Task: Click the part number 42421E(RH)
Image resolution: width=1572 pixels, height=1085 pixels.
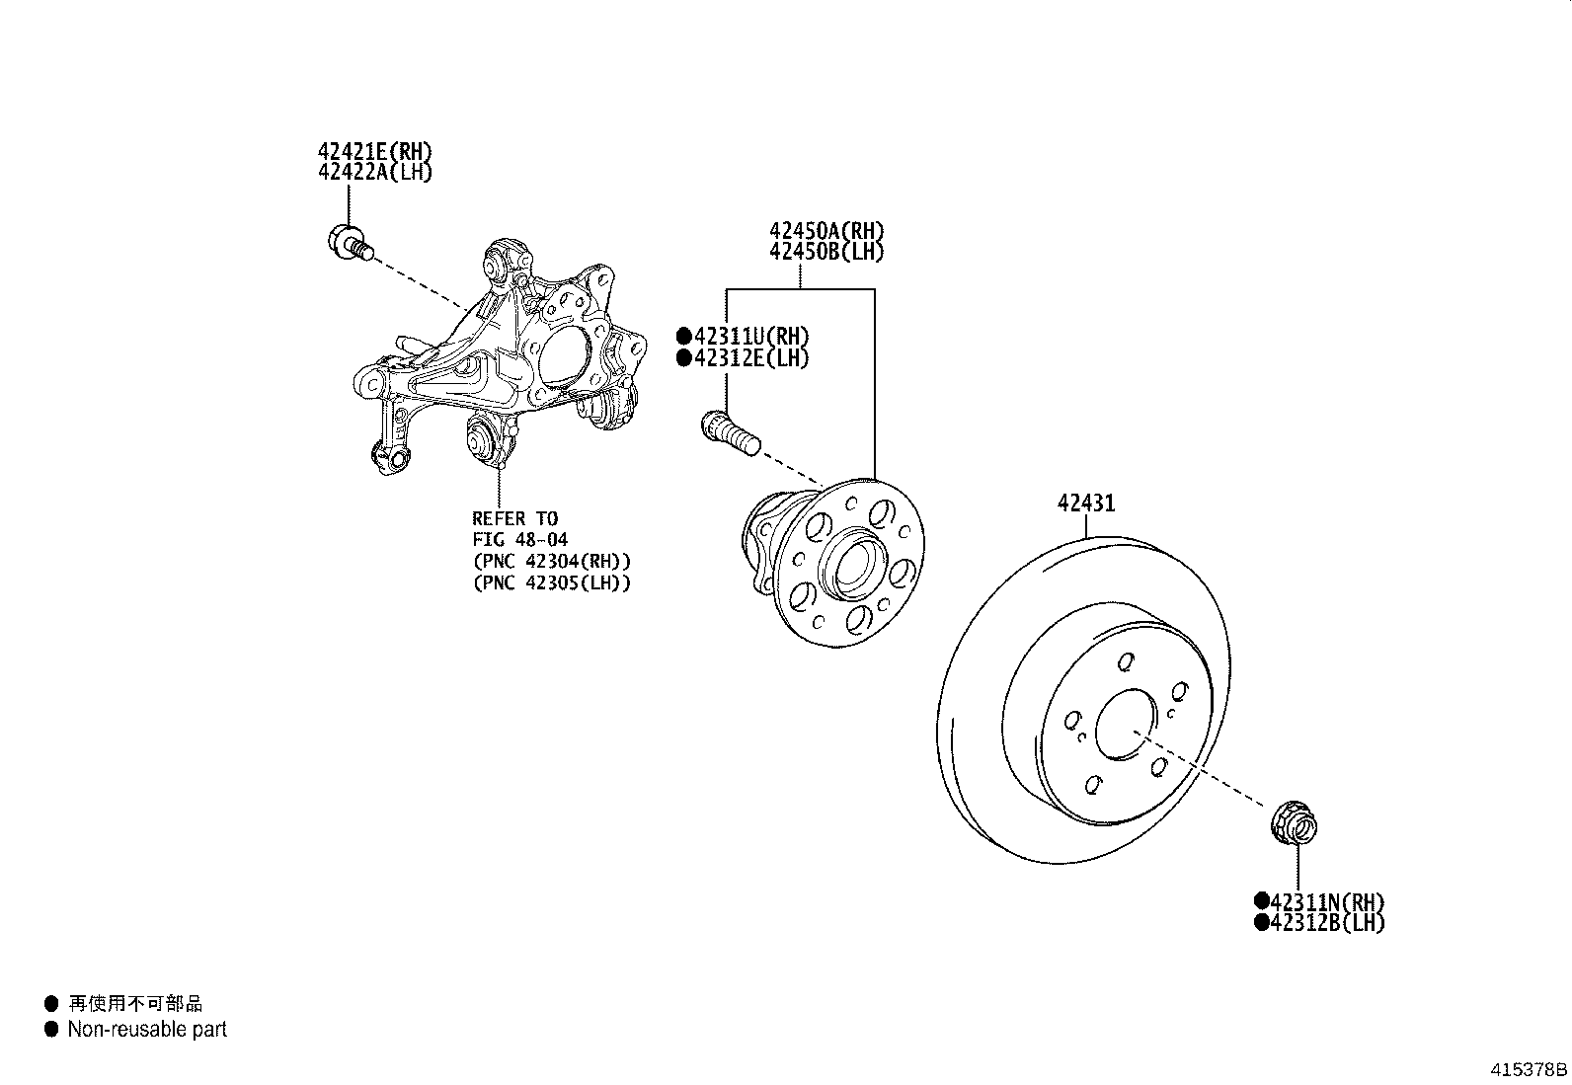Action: pyautogui.click(x=374, y=152)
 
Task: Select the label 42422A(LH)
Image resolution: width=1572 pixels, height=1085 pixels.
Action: pyautogui.click(x=374, y=172)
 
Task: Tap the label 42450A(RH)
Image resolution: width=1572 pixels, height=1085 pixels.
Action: pyautogui.click(x=826, y=231)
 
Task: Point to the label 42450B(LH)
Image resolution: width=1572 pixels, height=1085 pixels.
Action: pyautogui.click(x=826, y=252)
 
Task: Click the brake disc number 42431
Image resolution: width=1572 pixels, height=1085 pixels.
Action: pyautogui.click(x=1085, y=504)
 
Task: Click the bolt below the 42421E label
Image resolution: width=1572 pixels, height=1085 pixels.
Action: pyautogui.click(x=350, y=243)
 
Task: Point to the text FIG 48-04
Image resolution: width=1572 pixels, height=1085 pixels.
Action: pyautogui.click(x=519, y=540)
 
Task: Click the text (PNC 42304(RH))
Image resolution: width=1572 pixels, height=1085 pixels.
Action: pyautogui.click(x=551, y=562)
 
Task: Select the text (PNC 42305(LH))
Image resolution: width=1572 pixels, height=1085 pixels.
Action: pyautogui.click(x=551, y=582)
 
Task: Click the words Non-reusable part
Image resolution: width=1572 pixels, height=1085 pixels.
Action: pyautogui.click(x=147, y=1030)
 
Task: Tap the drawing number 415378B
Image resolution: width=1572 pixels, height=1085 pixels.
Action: pyautogui.click(x=1529, y=1070)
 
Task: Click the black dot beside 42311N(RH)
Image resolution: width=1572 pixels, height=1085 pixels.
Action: pyautogui.click(x=1261, y=901)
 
